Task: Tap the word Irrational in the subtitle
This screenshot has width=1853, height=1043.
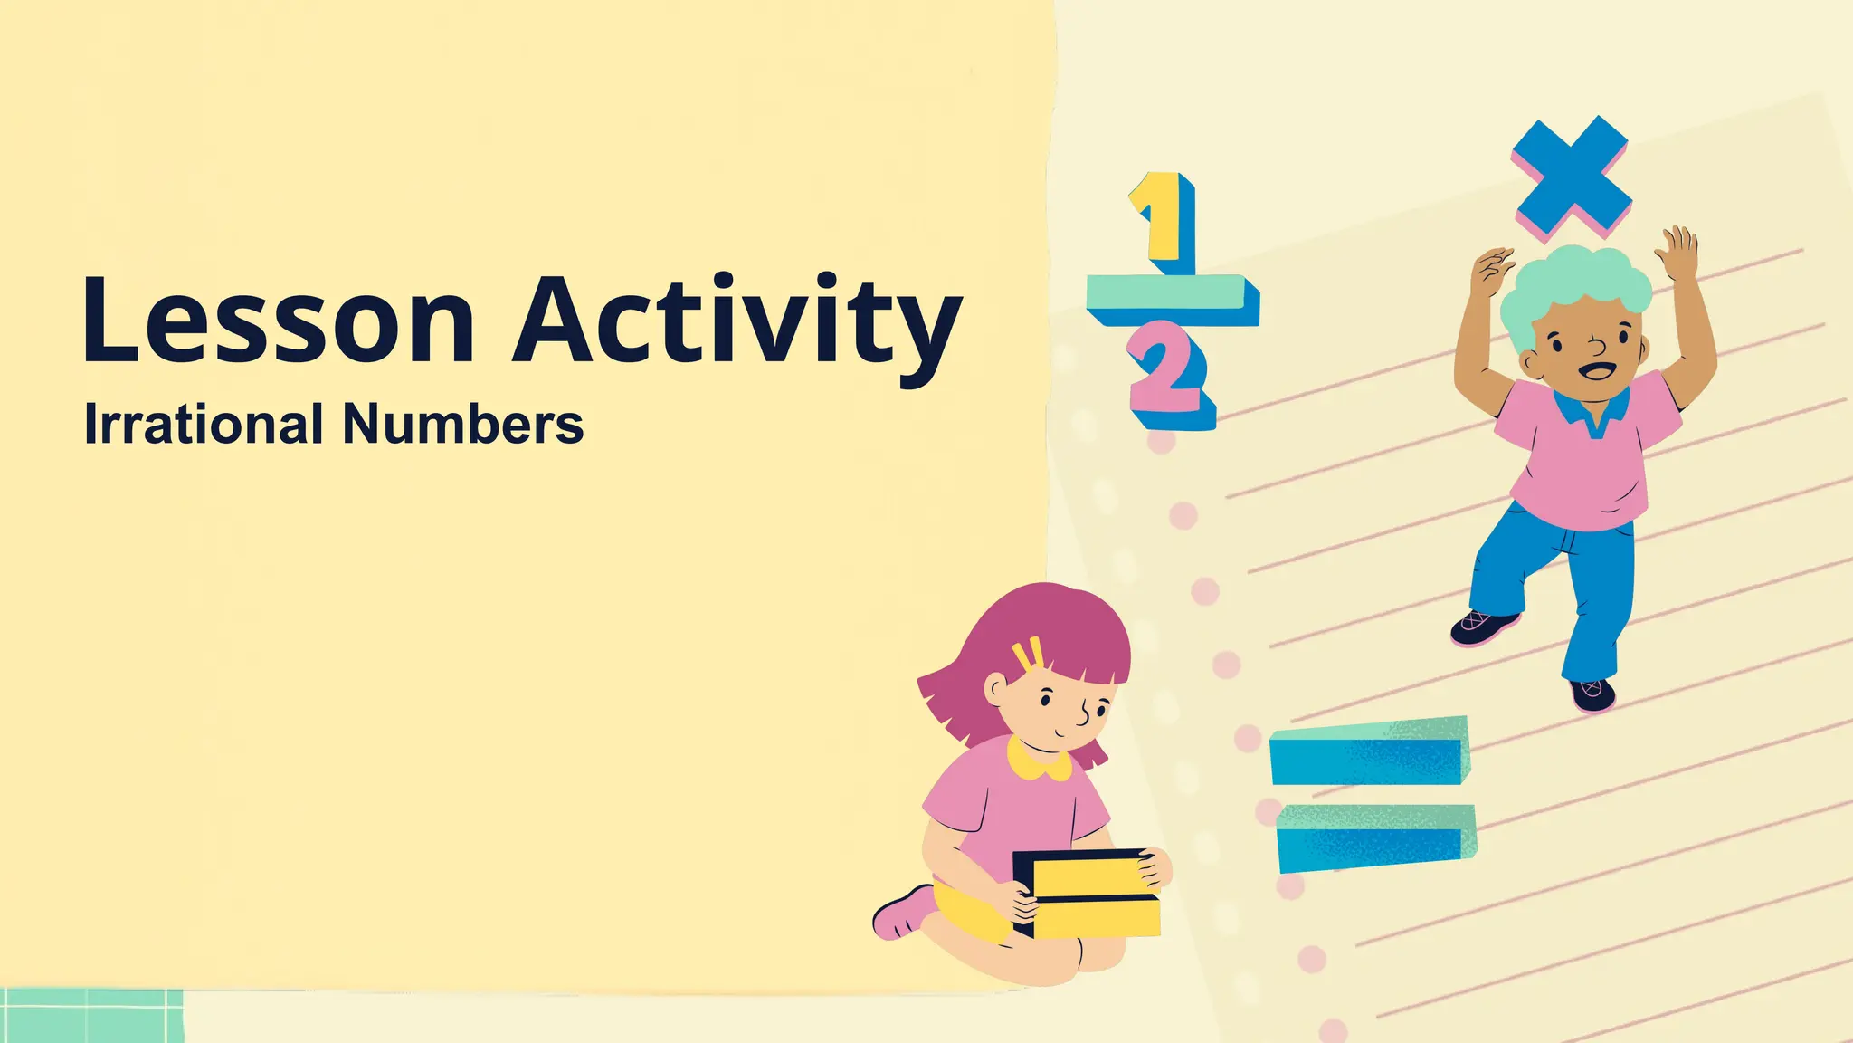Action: tap(204, 424)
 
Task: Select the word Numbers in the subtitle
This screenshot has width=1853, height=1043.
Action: tap(462, 424)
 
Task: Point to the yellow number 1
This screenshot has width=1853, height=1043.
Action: tap(1159, 217)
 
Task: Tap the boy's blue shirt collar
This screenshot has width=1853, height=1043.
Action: tap(1592, 413)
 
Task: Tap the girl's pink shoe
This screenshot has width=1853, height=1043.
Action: tap(901, 914)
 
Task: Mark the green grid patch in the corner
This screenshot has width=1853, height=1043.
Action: tap(90, 1015)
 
